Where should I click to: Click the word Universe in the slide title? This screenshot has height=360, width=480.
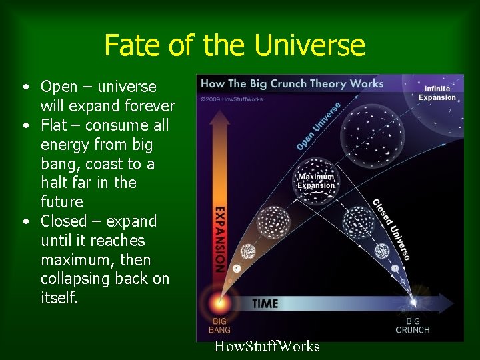312,46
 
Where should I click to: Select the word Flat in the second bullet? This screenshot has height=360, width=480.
53,125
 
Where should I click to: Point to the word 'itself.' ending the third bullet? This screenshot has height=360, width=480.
59,298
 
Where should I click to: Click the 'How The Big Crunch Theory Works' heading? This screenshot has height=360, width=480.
292,84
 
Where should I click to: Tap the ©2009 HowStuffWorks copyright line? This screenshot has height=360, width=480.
232,99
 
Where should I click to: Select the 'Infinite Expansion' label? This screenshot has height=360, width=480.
437,93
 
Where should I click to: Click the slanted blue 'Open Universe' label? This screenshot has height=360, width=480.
319,126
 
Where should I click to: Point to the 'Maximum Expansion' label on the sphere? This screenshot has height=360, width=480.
317,181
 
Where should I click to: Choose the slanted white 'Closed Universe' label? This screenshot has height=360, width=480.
391,229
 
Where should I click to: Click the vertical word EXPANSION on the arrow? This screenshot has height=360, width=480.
219,238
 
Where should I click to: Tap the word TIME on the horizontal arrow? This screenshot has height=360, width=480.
265,303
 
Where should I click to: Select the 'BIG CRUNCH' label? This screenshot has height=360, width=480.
413,325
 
